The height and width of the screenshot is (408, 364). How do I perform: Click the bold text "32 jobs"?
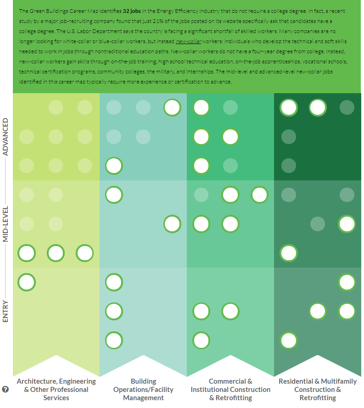click(132, 11)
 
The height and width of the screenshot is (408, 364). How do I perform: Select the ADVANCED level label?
click(6, 137)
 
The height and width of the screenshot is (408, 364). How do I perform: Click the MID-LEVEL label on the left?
click(6, 224)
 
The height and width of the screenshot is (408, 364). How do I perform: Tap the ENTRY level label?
click(6, 311)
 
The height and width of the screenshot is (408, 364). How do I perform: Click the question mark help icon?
click(6, 390)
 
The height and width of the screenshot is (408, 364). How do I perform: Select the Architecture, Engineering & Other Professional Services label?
click(56, 389)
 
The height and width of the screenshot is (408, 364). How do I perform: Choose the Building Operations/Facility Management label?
click(143, 389)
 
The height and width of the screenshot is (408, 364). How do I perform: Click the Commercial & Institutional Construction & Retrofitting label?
click(230, 389)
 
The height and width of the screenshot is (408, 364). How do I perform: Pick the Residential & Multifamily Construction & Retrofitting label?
click(318, 389)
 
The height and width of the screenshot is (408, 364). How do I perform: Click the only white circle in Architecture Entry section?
click(27, 282)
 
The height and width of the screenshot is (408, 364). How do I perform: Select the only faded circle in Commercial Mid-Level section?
click(201, 195)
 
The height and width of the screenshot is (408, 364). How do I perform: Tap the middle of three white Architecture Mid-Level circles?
click(56, 253)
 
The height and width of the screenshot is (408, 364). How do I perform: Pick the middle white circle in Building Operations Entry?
click(114, 311)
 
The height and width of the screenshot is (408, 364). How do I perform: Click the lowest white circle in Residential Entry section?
click(289, 341)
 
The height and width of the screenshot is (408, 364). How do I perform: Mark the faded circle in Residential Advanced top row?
click(347, 107)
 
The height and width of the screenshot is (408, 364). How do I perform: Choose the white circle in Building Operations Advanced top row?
click(172, 107)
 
